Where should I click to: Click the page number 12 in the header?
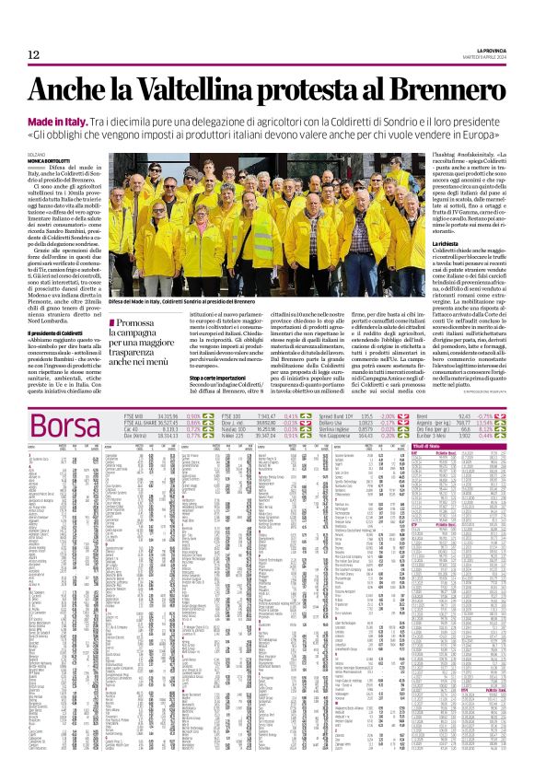[34, 54]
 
